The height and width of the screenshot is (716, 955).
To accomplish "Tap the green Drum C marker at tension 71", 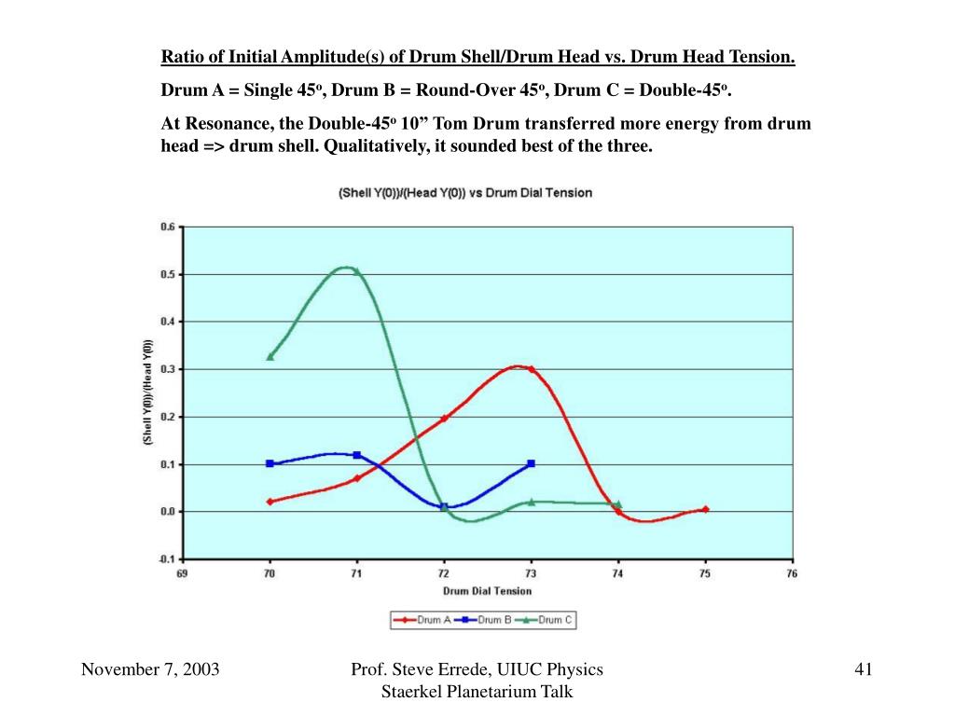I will (356, 271).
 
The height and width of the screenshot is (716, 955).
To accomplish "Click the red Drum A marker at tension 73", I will (531, 369).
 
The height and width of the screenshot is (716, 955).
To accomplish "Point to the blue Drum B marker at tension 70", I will (270, 463).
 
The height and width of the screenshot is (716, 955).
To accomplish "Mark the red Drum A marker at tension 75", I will (705, 509).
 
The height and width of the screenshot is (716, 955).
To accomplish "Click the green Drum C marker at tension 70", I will (270, 356).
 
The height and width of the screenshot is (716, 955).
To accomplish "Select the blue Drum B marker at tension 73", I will (531, 463).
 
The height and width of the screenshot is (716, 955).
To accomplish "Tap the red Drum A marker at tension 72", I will (444, 418).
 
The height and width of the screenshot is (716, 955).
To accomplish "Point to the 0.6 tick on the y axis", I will (168, 227).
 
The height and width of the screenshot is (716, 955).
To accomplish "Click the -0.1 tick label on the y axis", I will (166, 559).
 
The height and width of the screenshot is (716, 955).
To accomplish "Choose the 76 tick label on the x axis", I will (792, 574).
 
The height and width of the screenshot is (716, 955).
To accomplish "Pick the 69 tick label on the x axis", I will (183, 574).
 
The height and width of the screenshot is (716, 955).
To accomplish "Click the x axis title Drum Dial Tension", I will (487, 591).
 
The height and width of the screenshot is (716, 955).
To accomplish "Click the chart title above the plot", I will (464, 193).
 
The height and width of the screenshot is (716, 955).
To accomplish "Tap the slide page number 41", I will (863, 669).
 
